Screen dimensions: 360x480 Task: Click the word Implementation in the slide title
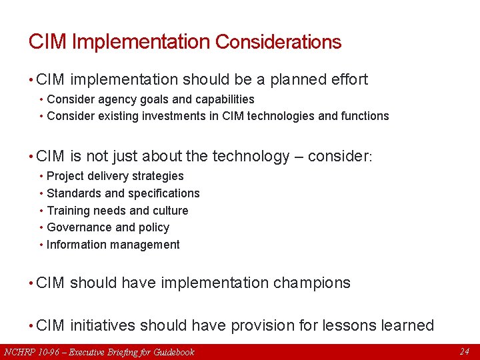pyautogui.click(x=141, y=42)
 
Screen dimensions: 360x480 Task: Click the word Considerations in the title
pyautogui.click(x=278, y=42)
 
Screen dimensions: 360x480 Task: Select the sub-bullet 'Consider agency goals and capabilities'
pyautogui.click(x=151, y=99)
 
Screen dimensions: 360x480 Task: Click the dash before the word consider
pyautogui.click(x=300, y=157)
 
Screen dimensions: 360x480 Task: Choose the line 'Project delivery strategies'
pyautogui.click(x=115, y=176)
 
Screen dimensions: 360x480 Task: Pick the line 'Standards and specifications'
pyautogui.click(x=123, y=193)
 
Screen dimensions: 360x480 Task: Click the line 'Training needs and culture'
pyautogui.click(x=117, y=211)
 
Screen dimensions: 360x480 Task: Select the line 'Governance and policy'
pyautogui.click(x=108, y=227)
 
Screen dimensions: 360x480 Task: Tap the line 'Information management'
pyautogui.click(x=113, y=245)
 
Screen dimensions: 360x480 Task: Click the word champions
pyautogui.click(x=311, y=283)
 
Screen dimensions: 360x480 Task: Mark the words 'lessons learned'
pyautogui.click(x=378, y=325)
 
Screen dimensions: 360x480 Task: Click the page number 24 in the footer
pyautogui.click(x=465, y=351)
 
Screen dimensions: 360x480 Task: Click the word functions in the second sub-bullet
pyautogui.click(x=365, y=116)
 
